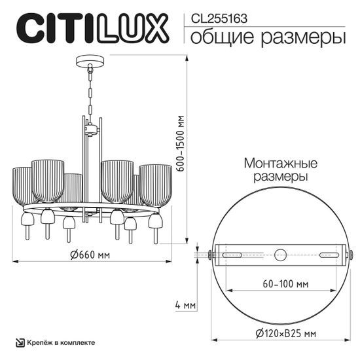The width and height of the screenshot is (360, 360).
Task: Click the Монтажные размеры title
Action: [x=280, y=170]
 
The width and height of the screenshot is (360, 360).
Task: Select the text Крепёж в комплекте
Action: [x=61, y=342]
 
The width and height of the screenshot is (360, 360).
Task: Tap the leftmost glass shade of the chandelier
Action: [x=22, y=187]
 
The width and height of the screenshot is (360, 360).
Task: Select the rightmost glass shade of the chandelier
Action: [x=155, y=186]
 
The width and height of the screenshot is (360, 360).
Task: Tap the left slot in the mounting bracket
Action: [x=233, y=254]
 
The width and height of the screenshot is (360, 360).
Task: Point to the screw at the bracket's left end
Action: [x=209, y=254]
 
